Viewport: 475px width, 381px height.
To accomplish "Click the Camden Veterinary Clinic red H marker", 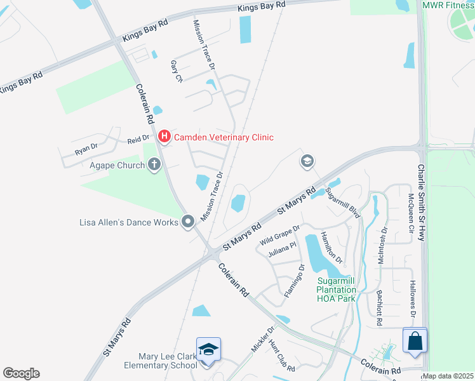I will click(164, 136).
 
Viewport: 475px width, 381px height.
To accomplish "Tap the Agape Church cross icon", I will click(154, 165).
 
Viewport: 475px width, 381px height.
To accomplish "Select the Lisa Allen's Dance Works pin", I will click(188, 222).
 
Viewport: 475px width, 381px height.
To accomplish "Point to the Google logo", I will click(21, 373).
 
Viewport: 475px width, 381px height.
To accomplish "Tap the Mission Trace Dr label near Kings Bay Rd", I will click(204, 43).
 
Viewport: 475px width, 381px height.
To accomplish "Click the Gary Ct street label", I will click(176, 72).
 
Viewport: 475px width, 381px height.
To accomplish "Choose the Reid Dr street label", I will click(138, 138).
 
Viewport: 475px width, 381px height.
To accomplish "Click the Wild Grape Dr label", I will click(279, 236).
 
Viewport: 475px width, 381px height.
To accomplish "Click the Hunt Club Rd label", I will click(281, 356).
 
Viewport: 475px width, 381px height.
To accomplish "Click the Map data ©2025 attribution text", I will click(448, 376).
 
